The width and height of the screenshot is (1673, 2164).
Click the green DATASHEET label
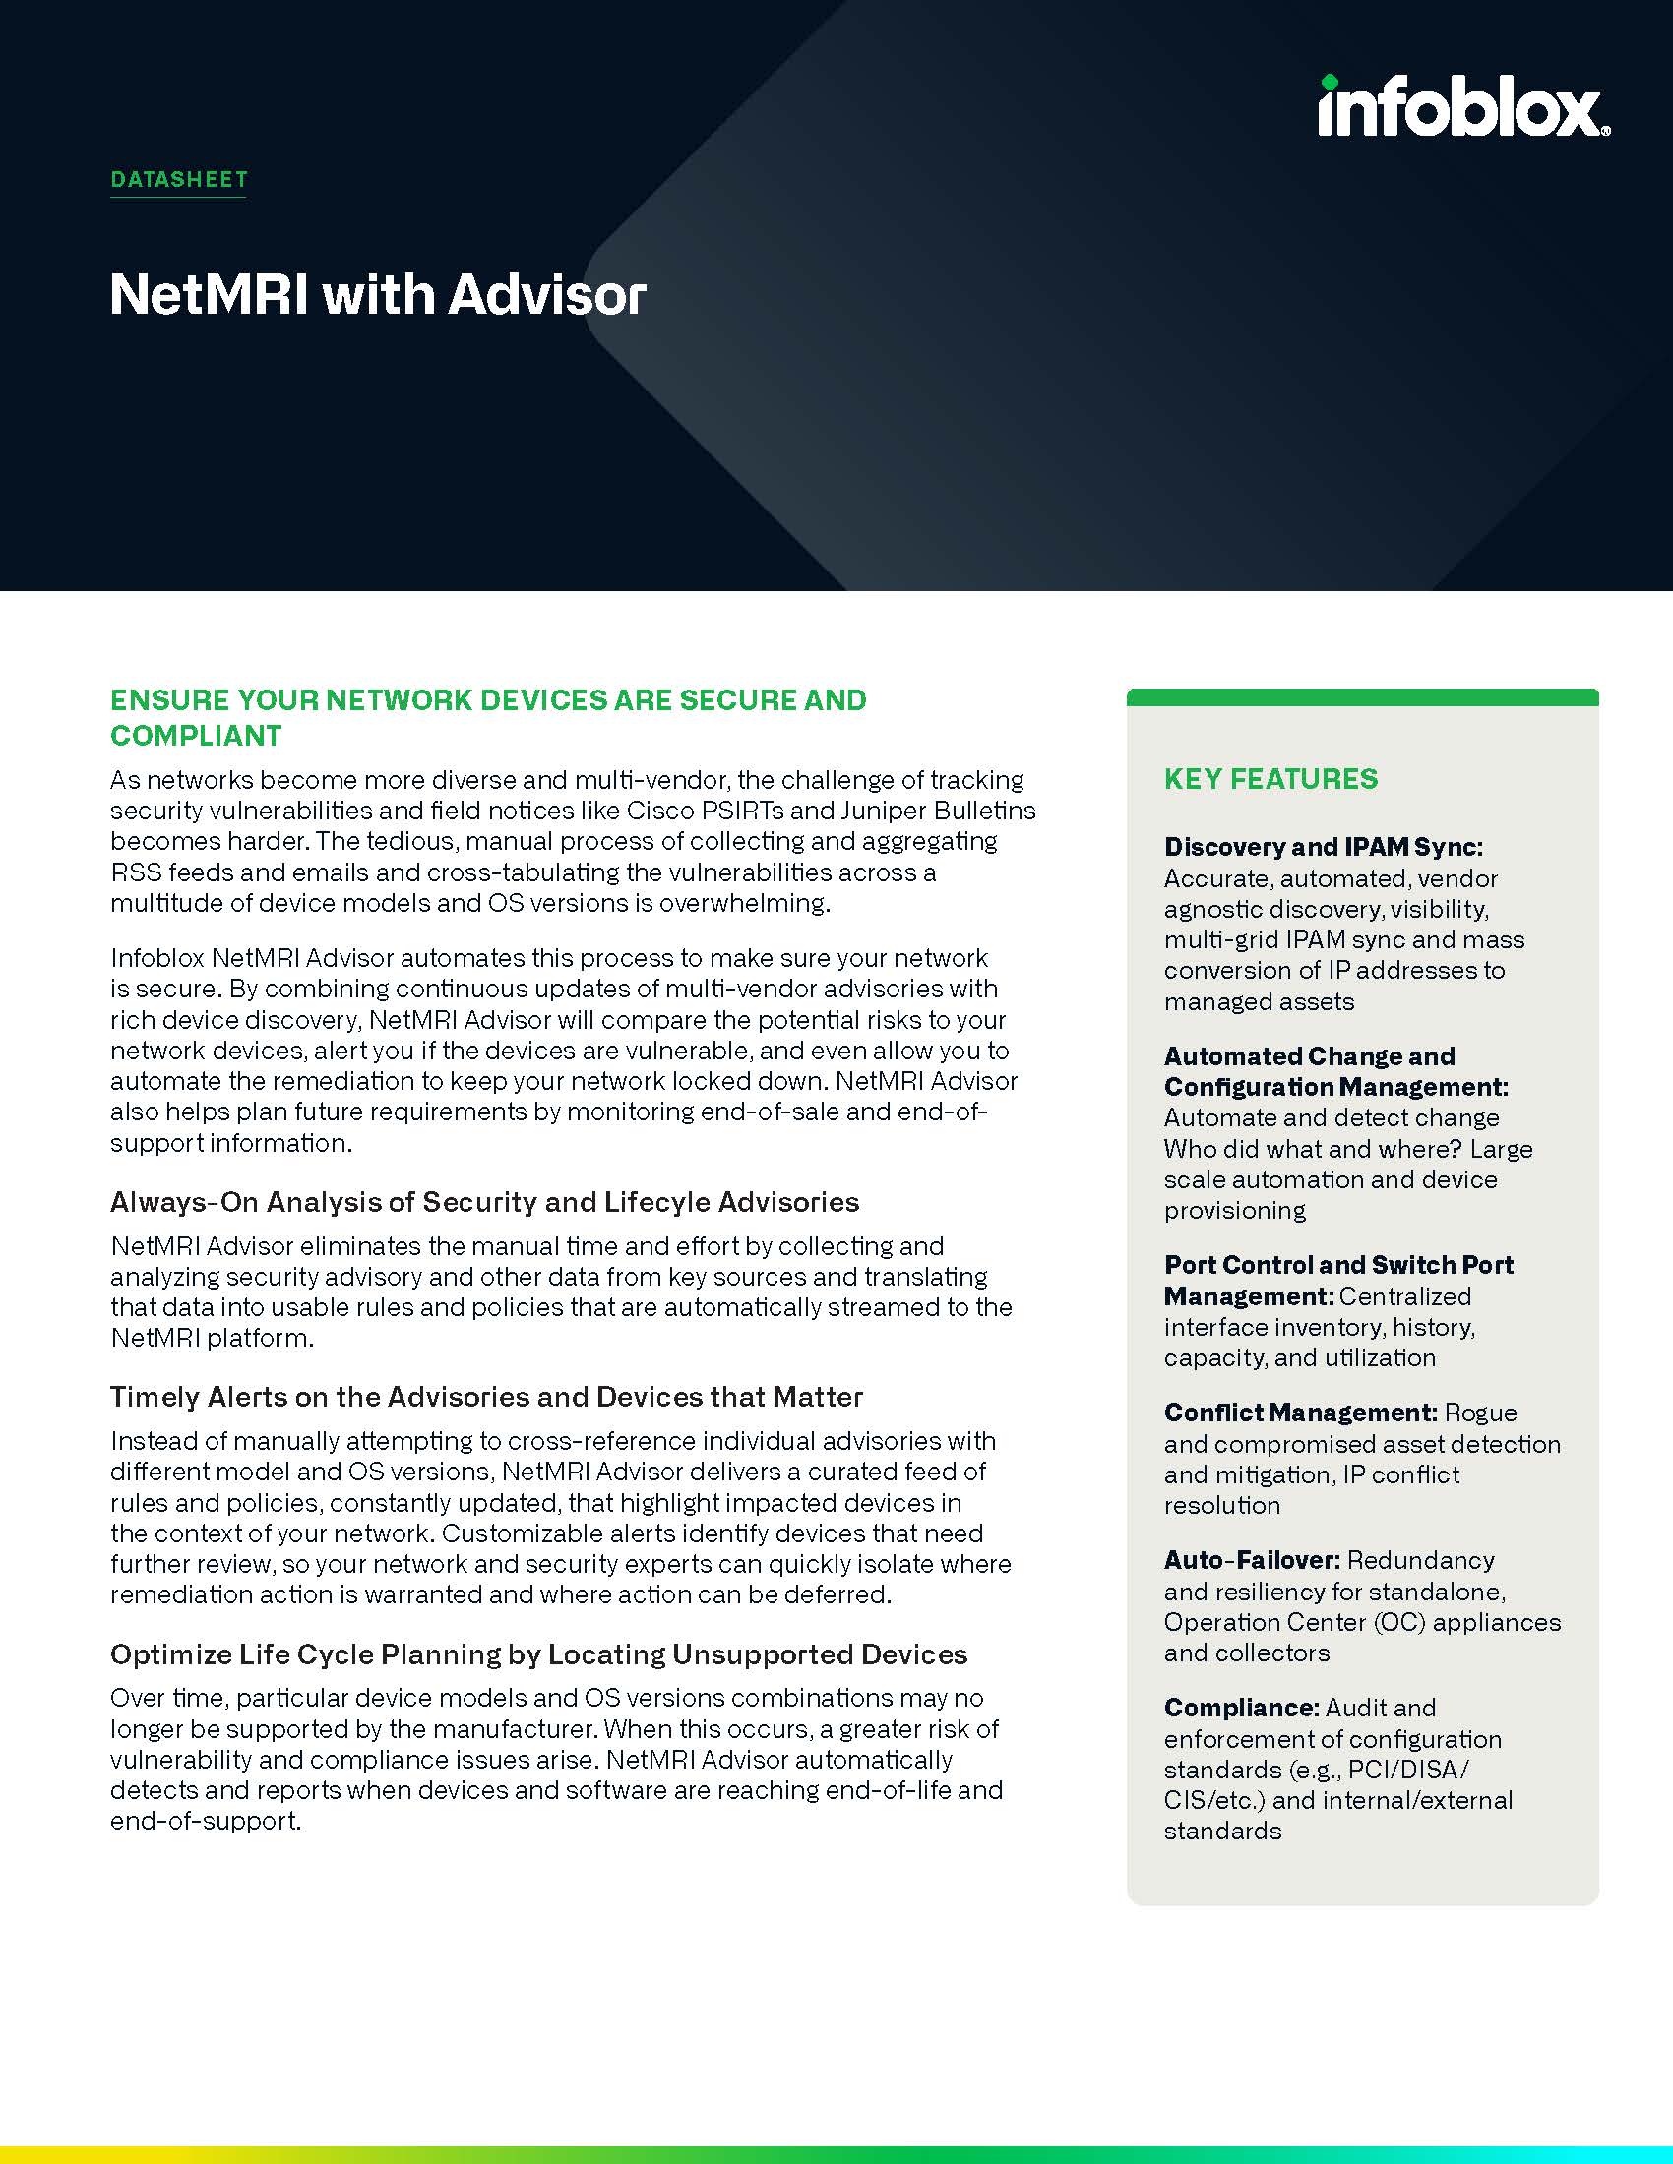pyautogui.click(x=178, y=179)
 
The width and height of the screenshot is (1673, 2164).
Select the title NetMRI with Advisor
pyautogui.click(x=378, y=294)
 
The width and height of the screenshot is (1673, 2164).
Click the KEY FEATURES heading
pyautogui.click(x=1270, y=779)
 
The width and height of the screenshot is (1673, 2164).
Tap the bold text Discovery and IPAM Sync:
pyautogui.click(x=1323, y=847)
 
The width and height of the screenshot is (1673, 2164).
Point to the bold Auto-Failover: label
pyautogui.click(x=1252, y=1561)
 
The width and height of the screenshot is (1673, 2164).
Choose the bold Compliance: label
pyautogui.click(x=1241, y=1709)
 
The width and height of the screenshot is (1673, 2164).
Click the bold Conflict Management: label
pyautogui.click(x=1300, y=1413)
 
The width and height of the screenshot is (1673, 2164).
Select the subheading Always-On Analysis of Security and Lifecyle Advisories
pyautogui.click(x=484, y=1202)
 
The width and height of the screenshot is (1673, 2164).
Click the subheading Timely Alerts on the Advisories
pyautogui.click(x=485, y=1397)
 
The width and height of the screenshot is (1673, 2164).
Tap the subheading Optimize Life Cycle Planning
pyautogui.click(x=538, y=1654)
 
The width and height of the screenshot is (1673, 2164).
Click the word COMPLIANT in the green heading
pyautogui.click(x=196, y=735)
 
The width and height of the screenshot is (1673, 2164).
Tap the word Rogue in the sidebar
pyautogui.click(x=1481, y=1413)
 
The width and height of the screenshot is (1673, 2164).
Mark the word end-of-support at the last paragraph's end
pyautogui.click(x=204, y=1821)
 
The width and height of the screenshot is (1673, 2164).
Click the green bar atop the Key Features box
pyautogui.click(x=1363, y=697)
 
